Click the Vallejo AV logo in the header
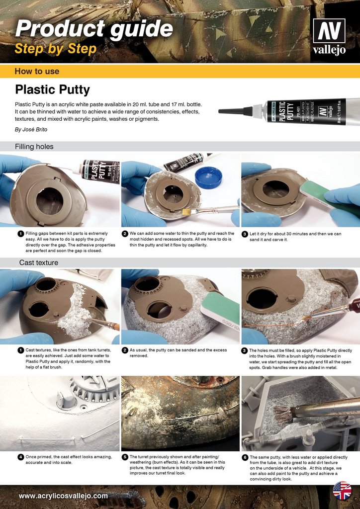click(x=329, y=36)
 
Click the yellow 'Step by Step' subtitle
click(x=56, y=49)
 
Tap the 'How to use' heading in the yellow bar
click(x=37, y=72)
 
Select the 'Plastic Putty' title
click(x=53, y=89)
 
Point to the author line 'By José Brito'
click(x=31, y=129)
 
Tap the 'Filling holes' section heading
click(x=34, y=147)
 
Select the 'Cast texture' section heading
click(x=39, y=262)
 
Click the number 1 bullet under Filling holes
click(x=21, y=234)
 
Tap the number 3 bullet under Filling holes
click(x=245, y=234)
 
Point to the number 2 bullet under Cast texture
click(x=125, y=350)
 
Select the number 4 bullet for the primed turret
click(x=21, y=457)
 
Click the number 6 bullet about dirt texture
click(x=245, y=457)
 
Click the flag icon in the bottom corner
click(x=342, y=491)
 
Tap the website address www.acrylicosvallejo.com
click(x=63, y=496)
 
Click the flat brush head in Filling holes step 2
click(x=187, y=212)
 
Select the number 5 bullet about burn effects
click(x=125, y=457)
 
